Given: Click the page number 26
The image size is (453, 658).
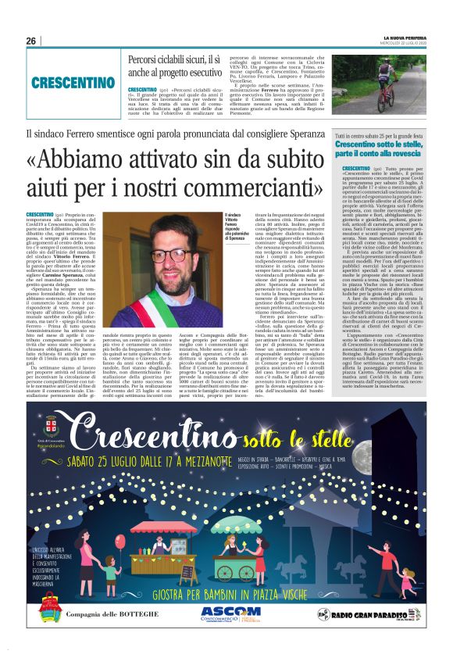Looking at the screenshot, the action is [x=32, y=41].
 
